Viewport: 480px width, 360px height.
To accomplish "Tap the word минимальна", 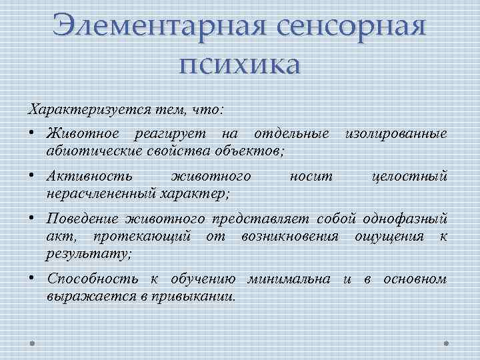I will coord(293,279).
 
